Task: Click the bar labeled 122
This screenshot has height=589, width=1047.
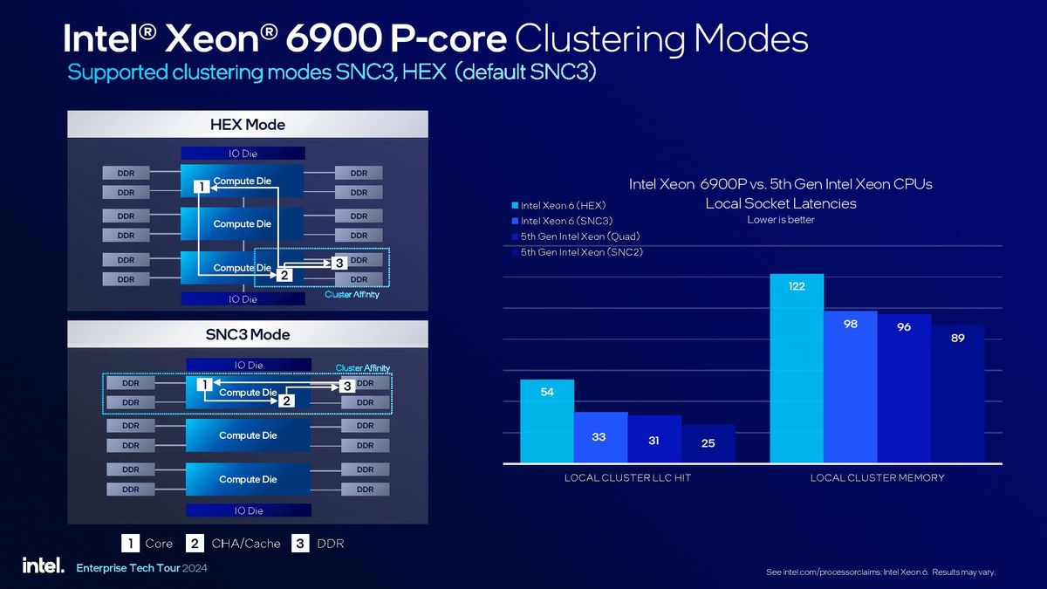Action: click(x=796, y=367)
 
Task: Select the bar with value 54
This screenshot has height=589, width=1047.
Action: click(x=547, y=421)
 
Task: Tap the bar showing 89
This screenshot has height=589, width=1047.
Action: click(x=957, y=393)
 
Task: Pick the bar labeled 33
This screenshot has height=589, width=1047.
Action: click(x=600, y=436)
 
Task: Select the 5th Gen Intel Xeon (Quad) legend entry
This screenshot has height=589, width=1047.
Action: click(x=573, y=236)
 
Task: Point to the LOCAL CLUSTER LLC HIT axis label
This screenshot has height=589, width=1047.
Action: click(x=627, y=477)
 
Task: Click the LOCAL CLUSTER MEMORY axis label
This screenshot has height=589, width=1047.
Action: click(x=877, y=477)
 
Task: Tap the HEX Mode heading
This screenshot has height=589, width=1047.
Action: click(x=248, y=125)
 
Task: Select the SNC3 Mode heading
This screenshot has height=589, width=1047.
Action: click(x=248, y=334)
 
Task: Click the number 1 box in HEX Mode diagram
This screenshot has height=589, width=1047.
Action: click(x=201, y=187)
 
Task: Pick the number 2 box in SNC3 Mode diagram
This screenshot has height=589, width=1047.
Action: click(x=285, y=401)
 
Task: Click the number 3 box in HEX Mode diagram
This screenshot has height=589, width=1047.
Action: click(x=339, y=263)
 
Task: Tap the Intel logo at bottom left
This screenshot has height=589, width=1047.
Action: click(x=43, y=565)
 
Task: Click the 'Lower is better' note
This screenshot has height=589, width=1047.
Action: click(x=781, y=220)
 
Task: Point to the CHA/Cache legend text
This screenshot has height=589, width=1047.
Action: click(x=245, y=544)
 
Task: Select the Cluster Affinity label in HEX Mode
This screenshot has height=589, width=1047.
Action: click(x=352, y=295)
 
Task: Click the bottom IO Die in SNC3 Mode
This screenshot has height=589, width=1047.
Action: click(x=248, y=510)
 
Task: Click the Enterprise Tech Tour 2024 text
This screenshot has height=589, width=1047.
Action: click(x=142, y=567)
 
